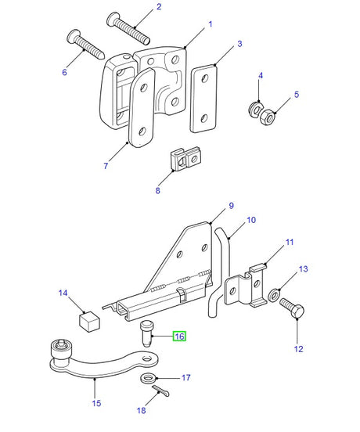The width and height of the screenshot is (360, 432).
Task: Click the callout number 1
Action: pyautogui.click(x=210, y=25)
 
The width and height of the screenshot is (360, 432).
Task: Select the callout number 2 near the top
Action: pyautogui.click(x=159, y=7)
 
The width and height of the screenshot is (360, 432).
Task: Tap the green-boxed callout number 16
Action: pyautogui.click(x=179, y=337)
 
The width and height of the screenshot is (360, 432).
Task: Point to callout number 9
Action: pyautogui.click(x=232, y=206)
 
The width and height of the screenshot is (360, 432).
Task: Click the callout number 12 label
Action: pyautogui.click(x=298, y=349)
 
